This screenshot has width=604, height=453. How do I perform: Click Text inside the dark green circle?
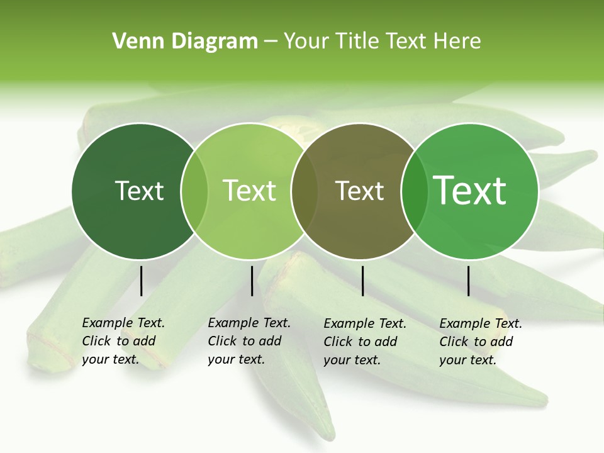(139, 191)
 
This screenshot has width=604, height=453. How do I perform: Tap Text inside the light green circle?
(249, 191)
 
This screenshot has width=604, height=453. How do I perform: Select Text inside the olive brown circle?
(359, 191)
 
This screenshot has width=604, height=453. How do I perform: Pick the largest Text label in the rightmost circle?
(470, 191)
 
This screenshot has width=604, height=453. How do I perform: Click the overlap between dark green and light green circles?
(194, 191)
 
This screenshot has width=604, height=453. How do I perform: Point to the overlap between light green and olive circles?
(304, 191)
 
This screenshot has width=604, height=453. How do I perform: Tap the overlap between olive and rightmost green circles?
(414, 191)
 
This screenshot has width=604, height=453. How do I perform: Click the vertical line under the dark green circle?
(141, 281)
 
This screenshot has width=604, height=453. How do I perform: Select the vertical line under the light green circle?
(252, 281)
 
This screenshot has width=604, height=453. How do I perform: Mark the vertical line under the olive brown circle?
(362, 281)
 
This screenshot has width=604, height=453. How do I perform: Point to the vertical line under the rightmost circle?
(468, 281)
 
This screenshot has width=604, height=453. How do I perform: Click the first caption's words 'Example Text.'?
(123, 323)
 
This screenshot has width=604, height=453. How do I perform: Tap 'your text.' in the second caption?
(236, 359)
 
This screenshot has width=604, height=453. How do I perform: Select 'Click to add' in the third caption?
(361, 342)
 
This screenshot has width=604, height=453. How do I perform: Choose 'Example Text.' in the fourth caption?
(481, 323)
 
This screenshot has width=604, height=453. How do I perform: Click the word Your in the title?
(306, 42)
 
